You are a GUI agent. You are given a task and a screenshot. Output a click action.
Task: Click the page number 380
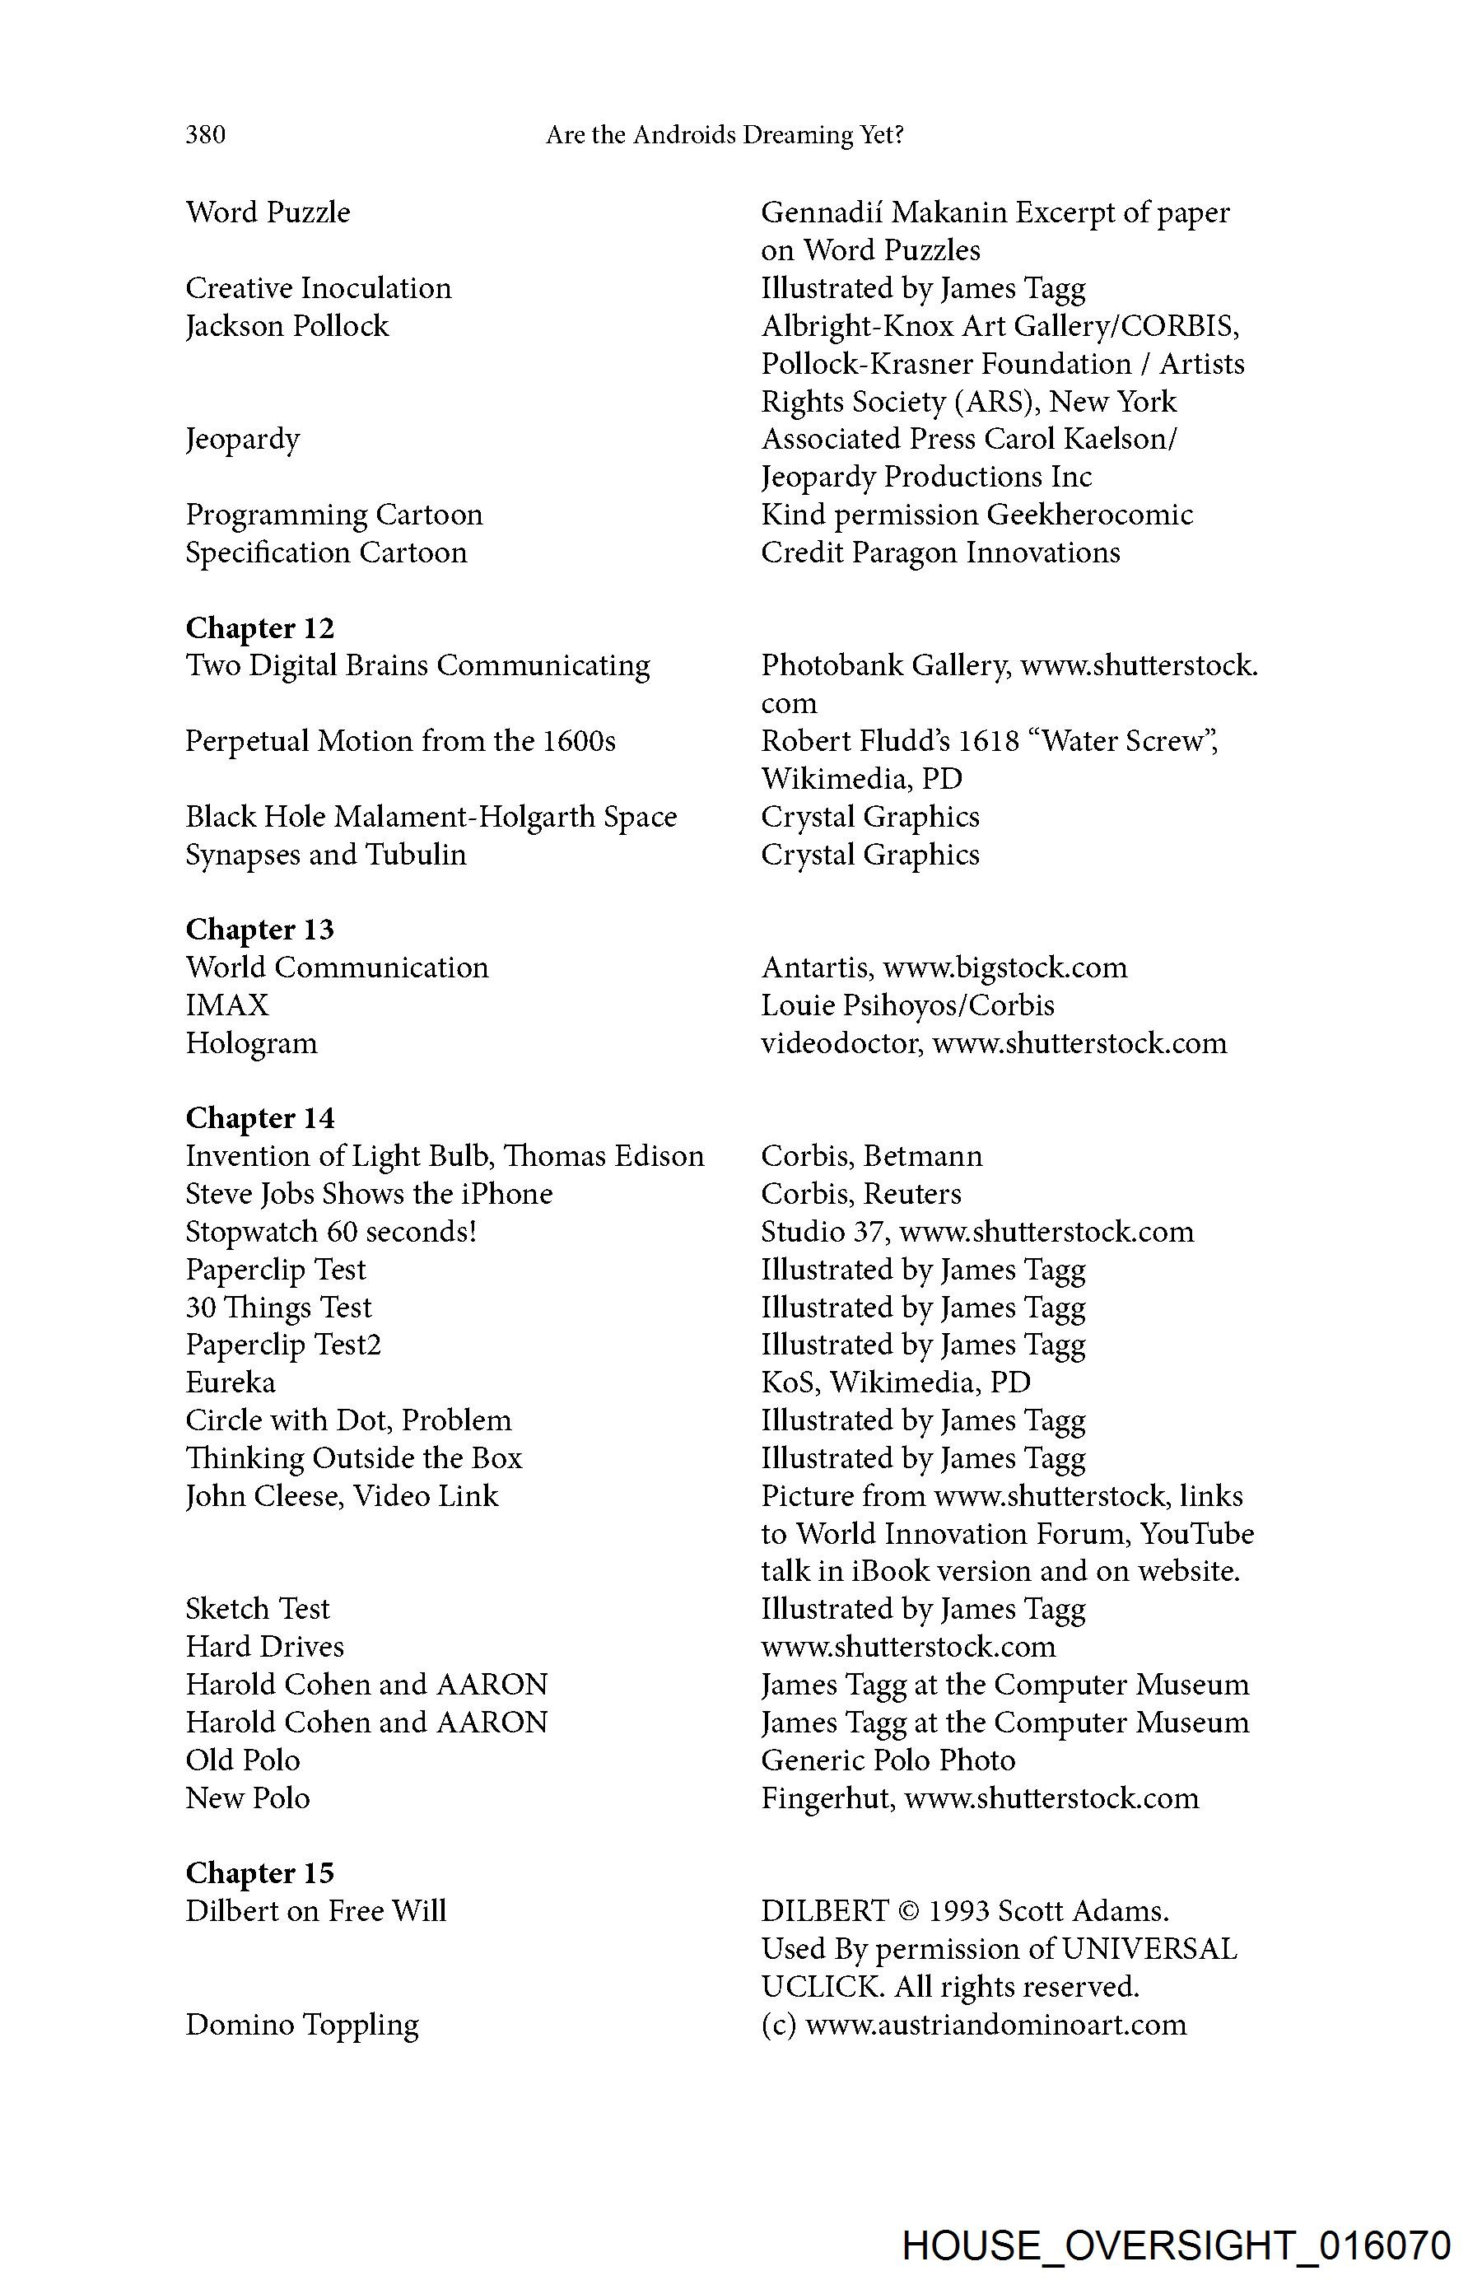tap(206, 134)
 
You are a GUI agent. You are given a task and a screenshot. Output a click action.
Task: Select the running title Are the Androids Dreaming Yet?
tap(725, 135)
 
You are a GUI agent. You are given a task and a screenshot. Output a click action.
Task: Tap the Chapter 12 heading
tap(259, 628)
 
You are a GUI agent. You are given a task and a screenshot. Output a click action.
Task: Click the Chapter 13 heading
tap(259, 930)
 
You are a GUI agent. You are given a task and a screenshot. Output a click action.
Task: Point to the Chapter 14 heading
tap(259, 1118)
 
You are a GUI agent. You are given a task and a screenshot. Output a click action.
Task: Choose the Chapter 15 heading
tap(259, 1873)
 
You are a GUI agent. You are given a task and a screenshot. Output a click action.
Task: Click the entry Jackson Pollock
tap(287, 327)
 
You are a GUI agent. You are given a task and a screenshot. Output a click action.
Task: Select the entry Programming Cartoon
tap(333, 515)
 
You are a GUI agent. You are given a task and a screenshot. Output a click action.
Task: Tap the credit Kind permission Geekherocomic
tap(976, 515)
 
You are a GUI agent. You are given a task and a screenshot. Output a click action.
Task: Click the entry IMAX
tap(227, 1005)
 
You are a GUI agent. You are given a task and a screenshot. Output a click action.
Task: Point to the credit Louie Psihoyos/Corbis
tap(907, 1005)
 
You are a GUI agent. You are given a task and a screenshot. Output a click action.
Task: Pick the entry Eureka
tap(230, 1382)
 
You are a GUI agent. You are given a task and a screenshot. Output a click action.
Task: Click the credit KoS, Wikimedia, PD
tap(896, 1382)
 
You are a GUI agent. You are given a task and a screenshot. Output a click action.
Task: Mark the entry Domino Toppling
tap(302, 2024)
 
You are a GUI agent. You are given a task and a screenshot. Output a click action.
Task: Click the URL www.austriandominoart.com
tap(995, 2024)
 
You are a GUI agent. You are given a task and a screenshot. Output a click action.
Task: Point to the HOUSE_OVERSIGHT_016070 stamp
tap(1177, 2245)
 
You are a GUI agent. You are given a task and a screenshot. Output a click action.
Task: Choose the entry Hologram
tap(251, 1043)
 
